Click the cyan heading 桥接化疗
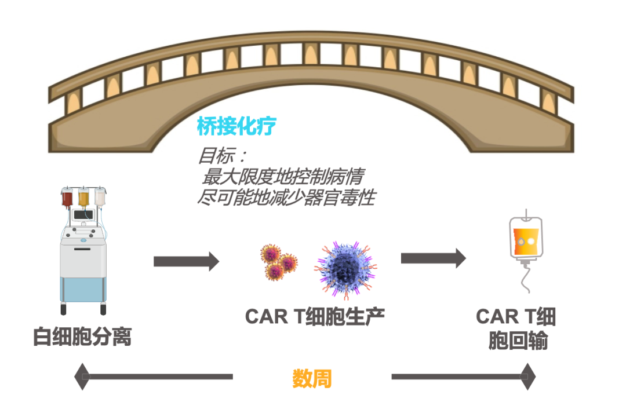pyautogui.click(x=236, y=126)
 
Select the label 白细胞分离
pyautogui.click(x=82, y=337)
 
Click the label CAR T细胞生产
pyautogui.click(x=315, y=316)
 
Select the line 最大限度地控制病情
pyautogui.click(x=282, y=176)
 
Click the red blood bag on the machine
pyautogui.click(x=68, y=198)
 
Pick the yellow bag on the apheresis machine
pyautogui.click(x=84, y=198)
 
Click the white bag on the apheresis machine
pyautogui.click(x=100, y=198)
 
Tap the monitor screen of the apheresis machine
pyautogui.click(x=84, y=215)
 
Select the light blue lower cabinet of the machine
pyautogui.click(x=83, y=287)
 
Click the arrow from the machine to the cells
pyautogui.click(x=186, y=261)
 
